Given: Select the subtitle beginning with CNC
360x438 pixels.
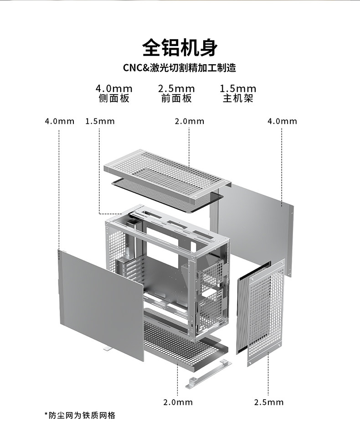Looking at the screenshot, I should (180, 69).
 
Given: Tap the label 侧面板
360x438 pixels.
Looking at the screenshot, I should (114, 98).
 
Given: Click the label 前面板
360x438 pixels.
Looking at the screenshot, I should (176, 98).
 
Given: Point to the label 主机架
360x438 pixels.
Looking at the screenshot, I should (238, 98).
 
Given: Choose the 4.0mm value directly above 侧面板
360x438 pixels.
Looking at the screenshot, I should (114, 88).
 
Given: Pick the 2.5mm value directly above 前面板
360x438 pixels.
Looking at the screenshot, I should (176, 88).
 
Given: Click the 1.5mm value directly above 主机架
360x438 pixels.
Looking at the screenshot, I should (238, 88).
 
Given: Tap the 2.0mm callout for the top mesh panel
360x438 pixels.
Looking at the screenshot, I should (190, 121).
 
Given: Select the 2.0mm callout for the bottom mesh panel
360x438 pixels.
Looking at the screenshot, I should (178, 402).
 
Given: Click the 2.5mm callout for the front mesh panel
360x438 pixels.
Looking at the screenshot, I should (269, 402).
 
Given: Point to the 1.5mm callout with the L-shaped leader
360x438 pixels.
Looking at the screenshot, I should (100, 121).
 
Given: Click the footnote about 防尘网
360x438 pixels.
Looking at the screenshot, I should (80, 415).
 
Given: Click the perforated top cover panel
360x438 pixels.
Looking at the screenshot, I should (164, 173).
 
